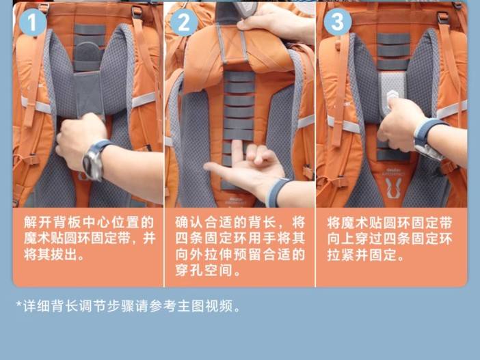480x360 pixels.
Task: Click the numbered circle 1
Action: (x=33, y=23)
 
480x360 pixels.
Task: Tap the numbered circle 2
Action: (x=184, y=23)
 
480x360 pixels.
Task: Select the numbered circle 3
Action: (x=337, y=22)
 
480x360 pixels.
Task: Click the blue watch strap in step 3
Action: (x=429, y=132)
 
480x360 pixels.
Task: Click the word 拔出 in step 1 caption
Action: (x=64, y=255)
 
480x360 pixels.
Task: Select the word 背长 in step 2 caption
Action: (x=261, y=222)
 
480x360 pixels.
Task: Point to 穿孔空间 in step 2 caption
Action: (x=204, y=271)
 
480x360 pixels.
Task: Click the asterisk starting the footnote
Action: (x=19, y=305)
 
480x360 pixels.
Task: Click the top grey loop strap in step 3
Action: (x=394, y=39)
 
